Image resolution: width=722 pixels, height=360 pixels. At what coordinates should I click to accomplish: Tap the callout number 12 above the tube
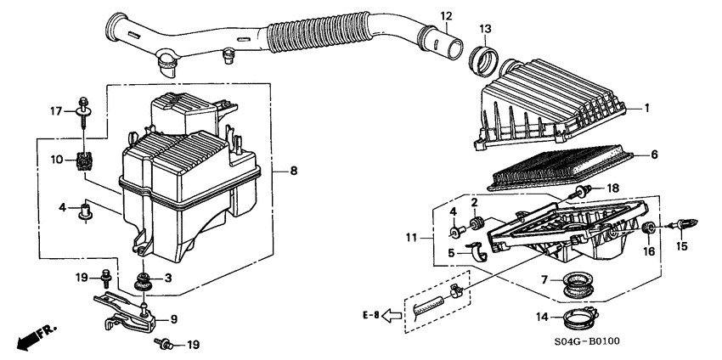click(x=446, y=16)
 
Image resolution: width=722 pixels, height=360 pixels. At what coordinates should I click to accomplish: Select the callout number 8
click(x=293, y=172)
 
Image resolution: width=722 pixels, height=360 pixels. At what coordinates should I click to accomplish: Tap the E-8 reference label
click(x=368, y=315)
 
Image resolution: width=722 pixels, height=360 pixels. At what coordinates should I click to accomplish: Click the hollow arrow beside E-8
click(x=392, y=316)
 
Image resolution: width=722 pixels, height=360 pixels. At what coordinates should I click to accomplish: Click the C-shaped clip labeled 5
click(x=482, y=250)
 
